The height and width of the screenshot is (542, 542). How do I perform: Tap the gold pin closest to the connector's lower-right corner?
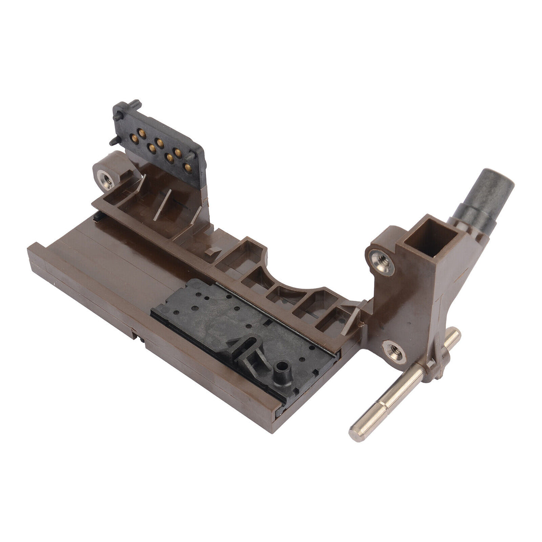click(x=187, y=168)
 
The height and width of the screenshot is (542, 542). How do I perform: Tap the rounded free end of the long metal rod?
click(x=357, y=431)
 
